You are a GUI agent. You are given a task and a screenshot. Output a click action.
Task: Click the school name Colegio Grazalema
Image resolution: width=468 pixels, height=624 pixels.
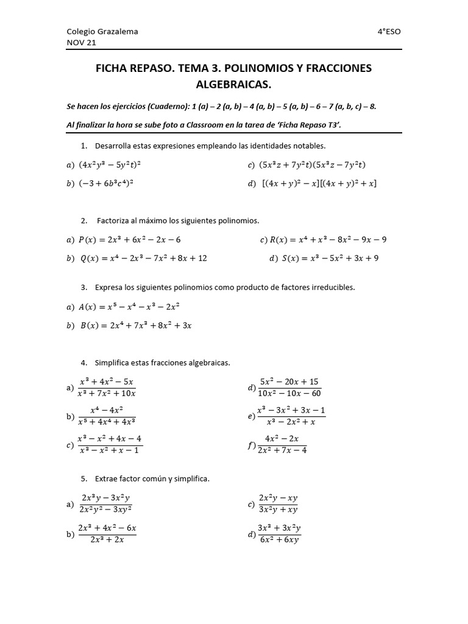[102, 32]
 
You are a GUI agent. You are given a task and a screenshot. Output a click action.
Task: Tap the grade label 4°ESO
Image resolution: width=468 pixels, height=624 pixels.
[389, 32]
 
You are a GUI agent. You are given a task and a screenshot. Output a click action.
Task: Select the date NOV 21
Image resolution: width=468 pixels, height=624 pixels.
[81, 43]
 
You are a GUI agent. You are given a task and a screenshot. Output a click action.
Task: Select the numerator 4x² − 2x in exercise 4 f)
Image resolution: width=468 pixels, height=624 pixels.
[282, 439]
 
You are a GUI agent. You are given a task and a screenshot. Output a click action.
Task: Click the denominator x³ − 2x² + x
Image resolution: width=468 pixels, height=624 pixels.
[291, 422]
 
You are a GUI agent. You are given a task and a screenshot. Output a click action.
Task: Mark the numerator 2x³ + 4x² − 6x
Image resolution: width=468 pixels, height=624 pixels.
[107, 528]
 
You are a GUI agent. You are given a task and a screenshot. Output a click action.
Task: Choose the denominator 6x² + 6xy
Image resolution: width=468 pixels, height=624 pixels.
[279, 540]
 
